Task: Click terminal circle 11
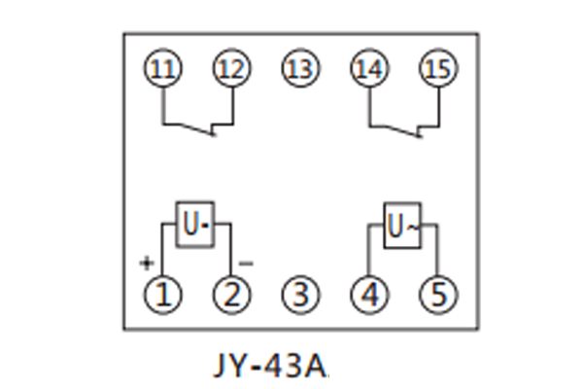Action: [163, 69]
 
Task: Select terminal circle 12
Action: [231, 69]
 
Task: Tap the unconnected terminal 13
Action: [300, 69]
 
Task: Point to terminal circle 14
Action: [368, 69]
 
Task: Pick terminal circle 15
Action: [436, 69]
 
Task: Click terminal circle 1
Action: [163, 292]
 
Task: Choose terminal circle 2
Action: [231, 292]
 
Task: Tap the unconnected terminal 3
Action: [300, 292]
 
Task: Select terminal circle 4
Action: [368, 292]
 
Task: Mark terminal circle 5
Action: [436, 292]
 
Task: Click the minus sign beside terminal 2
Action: [246, 263]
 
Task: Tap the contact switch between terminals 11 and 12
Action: [198, 127]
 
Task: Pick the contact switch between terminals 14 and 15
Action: [403, 127]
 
